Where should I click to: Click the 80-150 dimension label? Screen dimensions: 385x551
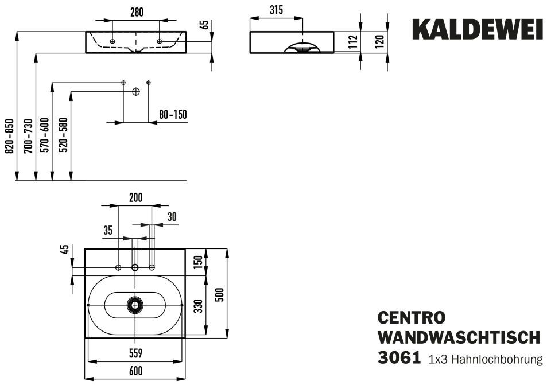[173, 115]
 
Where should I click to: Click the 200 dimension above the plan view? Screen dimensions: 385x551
[135, 198]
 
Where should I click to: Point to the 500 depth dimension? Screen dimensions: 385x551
[219, 293]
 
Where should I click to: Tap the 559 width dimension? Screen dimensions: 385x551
[135, 352]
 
